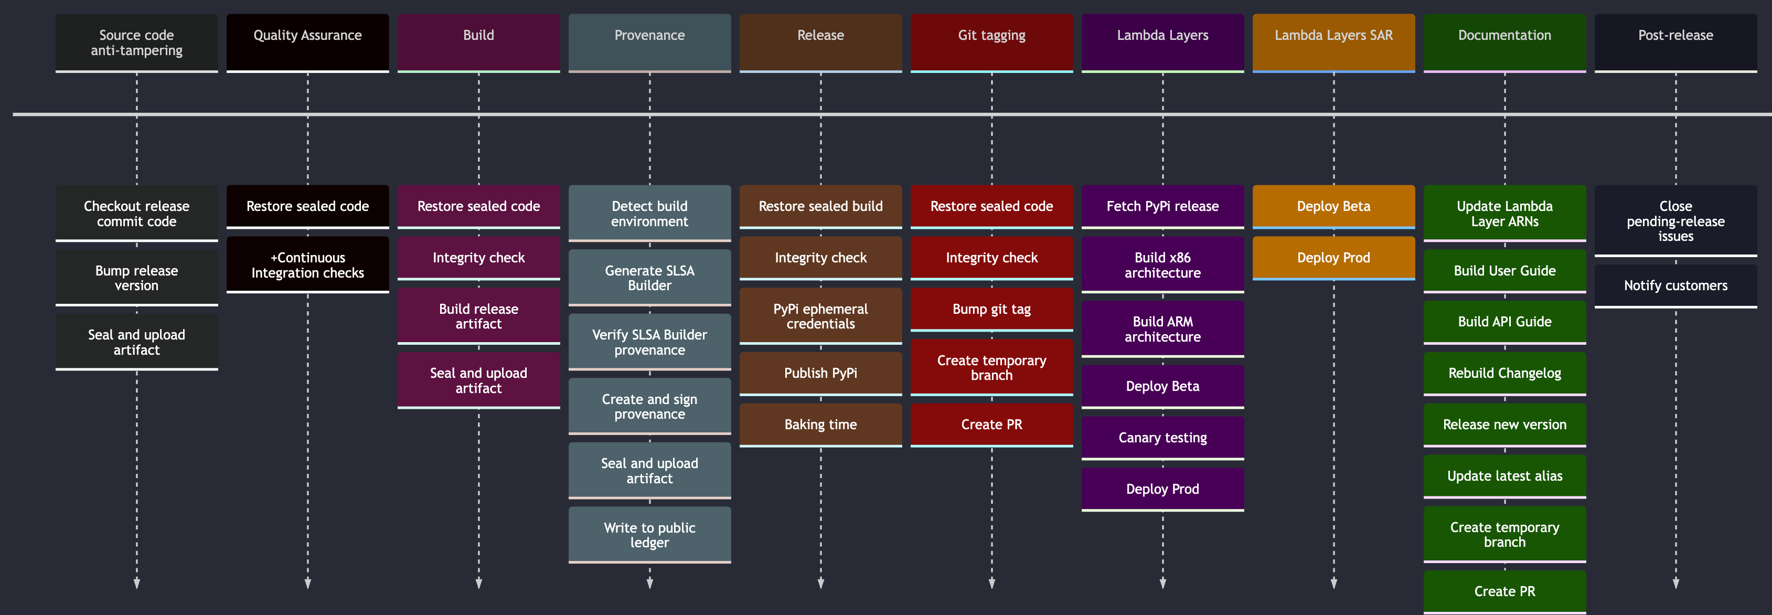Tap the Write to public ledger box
click(x=649, y=535)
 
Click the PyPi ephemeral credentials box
click(x=820, y=316)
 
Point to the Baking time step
click(x=820, y=424)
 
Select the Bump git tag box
click(x=991, y=309)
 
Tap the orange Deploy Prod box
click(x=1333, y=257)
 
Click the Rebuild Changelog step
click(x=1504, y=373)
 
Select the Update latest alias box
click(x=1504, y=475)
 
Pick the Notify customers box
click(x=1675, y=285)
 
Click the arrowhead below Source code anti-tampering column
click(x=136, y=584)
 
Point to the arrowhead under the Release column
click(x=820, y=584)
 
